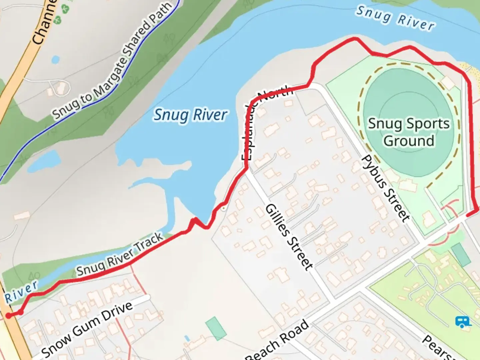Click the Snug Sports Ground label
(409, 132)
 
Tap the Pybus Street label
(385, 188)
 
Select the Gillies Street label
(289, 237)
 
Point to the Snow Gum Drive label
(87, 329)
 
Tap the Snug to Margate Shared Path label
(112, 61)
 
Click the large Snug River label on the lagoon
(190, 115)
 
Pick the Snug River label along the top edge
(395, 18)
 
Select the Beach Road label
(277, 341)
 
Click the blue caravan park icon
(463, 322)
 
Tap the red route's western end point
(8, 315)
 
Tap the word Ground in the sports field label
(409, 141)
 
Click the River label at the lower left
(21, 292)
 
